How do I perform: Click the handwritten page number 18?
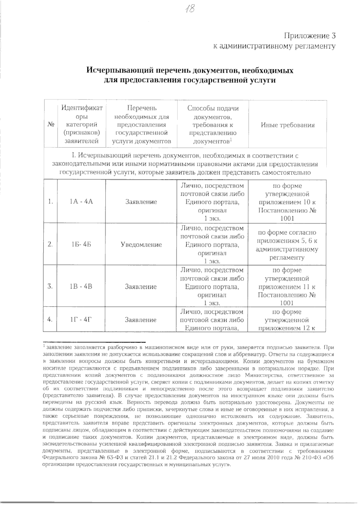pos(190,9)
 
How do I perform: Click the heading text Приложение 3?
pos(310,36)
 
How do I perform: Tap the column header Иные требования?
pos(288,125)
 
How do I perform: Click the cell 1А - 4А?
pos(81,202)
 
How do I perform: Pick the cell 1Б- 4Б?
pos(81,245)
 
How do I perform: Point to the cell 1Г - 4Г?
pos(81,320)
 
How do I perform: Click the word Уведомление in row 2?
pos(141,245)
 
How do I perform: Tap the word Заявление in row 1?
pos(141,202)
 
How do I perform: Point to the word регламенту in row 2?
pos(287,257)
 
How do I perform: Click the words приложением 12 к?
pos(287,328)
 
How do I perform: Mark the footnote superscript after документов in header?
pos(231,139)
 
